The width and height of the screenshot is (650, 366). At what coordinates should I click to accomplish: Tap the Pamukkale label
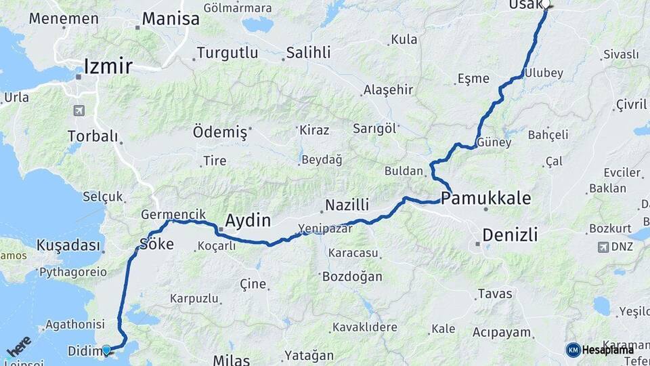coord(485,199)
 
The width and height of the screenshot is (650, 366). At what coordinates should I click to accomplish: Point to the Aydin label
coord(247,220)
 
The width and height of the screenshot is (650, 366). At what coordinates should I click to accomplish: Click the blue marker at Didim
coord(106,350)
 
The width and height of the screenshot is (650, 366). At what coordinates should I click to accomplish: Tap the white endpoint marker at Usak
coord(546,3)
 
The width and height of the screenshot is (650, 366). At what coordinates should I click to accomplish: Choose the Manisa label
coord(171,18)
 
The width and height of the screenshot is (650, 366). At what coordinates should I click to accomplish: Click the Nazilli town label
coord(347,205)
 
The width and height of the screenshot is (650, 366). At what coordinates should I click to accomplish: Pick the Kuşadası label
coord(68,245)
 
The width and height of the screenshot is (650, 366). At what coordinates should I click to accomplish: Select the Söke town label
coord(156,244)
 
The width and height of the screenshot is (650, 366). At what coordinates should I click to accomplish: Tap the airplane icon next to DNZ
coord(603,247)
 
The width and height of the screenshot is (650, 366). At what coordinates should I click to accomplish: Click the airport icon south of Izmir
coord(80,110)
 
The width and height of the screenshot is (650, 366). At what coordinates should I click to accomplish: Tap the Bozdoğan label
coord(352,277)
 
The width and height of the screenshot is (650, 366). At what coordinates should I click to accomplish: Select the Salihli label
coord(308,53)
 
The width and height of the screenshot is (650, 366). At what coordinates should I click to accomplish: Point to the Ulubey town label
coord(544,73)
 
